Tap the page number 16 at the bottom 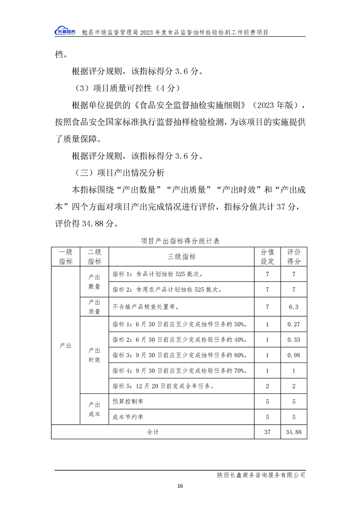tap(180, 486)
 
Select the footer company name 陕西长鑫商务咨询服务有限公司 tap(261, 475)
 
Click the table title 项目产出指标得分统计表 tap(180, 241)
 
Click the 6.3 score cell tap(293, 307)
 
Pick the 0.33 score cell tap(293, 339)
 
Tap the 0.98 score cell tap(293, 355)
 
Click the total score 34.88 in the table tap(293, 432)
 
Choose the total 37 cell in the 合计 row tap(267, 432)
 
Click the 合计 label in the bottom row tap(153, 432)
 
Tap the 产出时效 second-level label tap(94, 355)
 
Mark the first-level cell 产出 tap(65, 346)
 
